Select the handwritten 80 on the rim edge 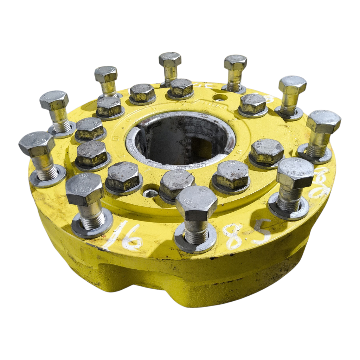click(x=322, y=183)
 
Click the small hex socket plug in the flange click(x=150, y=193)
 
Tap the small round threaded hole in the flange click(x=220, y=97)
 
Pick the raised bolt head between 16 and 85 click(x=196, y=203)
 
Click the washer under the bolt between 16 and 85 click(x=195, y=243)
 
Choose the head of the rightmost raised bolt click(x=323, y=121)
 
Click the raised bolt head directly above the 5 click(x=295, y=173)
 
